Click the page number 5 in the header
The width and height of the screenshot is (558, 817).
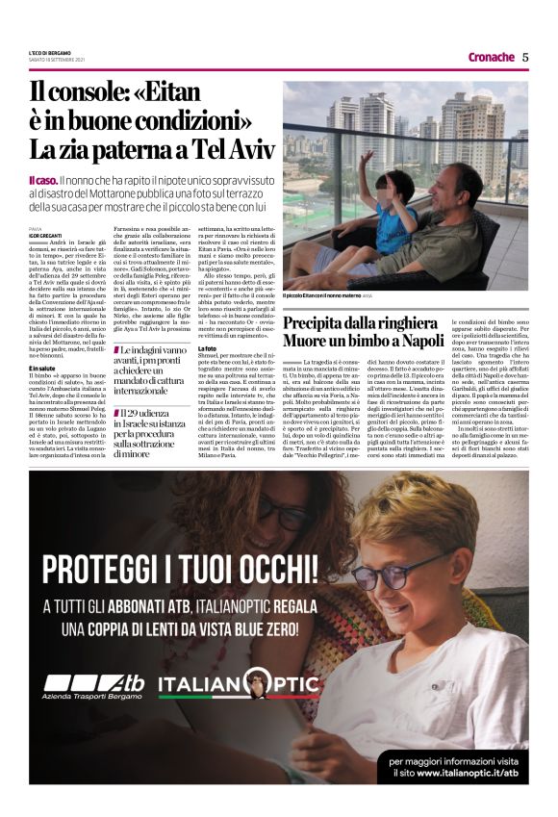pos(525,57)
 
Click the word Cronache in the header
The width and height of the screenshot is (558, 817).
pos(491,57)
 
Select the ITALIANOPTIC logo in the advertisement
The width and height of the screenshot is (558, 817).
pos(238,684)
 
